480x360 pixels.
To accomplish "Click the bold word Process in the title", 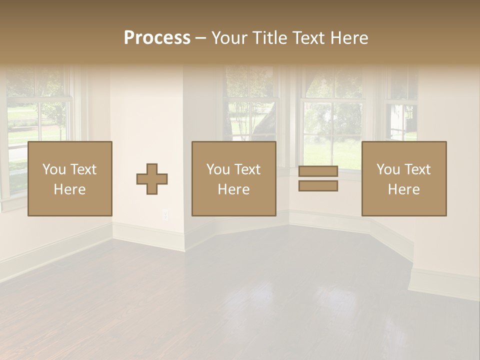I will tap(157, 38).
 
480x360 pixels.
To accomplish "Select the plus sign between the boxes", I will tap(152, 179).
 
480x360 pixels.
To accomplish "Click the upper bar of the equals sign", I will tap(318, 171).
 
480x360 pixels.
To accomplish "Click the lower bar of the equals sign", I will tap(318, 185).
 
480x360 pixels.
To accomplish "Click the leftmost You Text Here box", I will tap(69, 178).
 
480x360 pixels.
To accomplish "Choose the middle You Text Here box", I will tap(233, 178).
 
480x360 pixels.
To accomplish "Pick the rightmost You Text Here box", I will tap(403, 178).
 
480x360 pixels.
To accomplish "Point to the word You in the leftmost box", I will tap(54, 169).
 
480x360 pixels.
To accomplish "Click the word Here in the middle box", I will tap(233, 189).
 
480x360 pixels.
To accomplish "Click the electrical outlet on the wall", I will tap(165, 214).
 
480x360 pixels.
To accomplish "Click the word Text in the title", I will tap(306, 38).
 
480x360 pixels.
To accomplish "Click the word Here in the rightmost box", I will tap(403, 189).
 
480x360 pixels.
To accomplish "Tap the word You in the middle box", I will tap(218, 169).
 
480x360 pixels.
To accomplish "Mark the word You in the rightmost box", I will tap(388, 169).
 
